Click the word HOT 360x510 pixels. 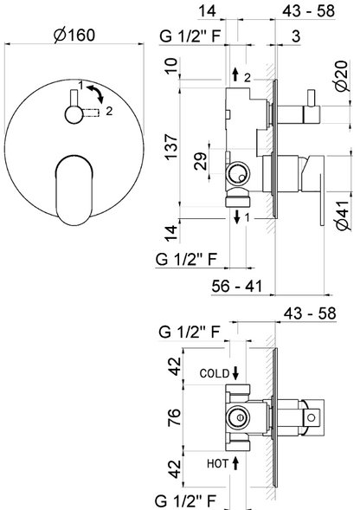(x=218, y=464)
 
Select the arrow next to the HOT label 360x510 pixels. (x=235, y=464)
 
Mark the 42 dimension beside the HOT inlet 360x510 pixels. (x=172, y=472)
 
